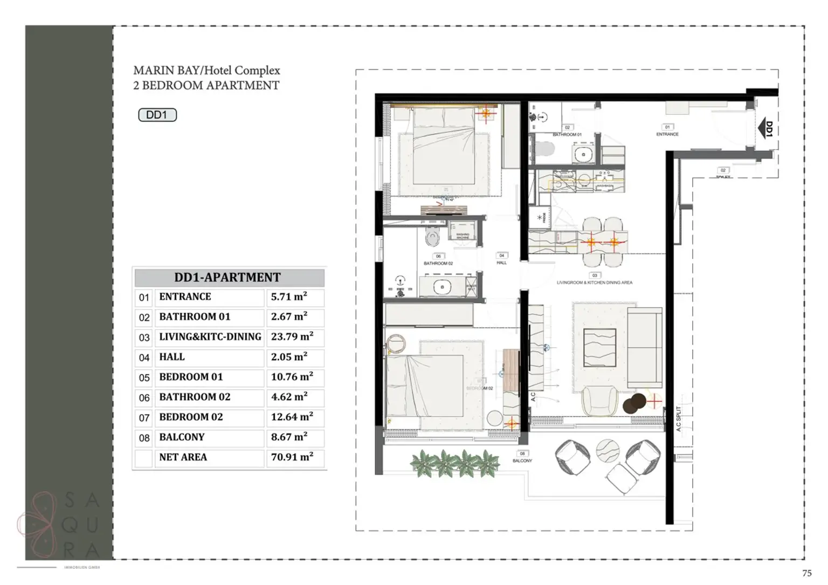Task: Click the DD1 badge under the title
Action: tap(157, 115)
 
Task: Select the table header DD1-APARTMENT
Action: tap(227, 278)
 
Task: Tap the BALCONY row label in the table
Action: tap(182, 437)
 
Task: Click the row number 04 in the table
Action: tap(144, 357)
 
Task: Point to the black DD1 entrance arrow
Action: tap(766, 129)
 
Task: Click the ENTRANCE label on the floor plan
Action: tap(667, 134)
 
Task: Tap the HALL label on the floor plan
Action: tap(501, 263)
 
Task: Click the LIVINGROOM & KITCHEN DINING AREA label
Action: tap(595, 283)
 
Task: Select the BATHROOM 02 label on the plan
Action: tap(438, 264)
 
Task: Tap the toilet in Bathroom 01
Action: tap(546, 148)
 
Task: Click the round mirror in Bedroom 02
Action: tap(398, 343)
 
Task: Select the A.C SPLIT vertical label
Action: tap(679, 418)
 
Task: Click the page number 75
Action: tap(806, 574)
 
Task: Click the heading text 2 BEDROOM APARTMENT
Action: tap(206, 86)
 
